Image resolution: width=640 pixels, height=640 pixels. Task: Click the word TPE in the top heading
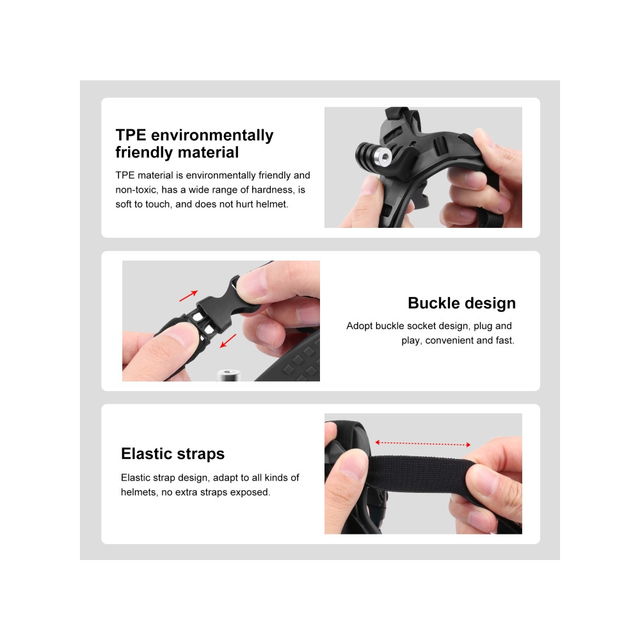131,135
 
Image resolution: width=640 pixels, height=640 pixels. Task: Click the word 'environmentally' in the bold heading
212,136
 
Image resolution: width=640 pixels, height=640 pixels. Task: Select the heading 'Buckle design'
461,303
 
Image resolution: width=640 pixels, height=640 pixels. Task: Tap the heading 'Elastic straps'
173,454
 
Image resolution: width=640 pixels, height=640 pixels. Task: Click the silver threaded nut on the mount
383,155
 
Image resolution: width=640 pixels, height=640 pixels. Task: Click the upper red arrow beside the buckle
189,296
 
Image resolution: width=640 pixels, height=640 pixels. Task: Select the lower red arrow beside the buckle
228,341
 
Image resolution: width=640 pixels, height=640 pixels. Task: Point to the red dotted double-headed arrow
423,444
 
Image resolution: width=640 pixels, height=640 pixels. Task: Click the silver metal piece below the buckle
228,374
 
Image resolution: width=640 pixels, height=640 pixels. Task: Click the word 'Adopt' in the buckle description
360,326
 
